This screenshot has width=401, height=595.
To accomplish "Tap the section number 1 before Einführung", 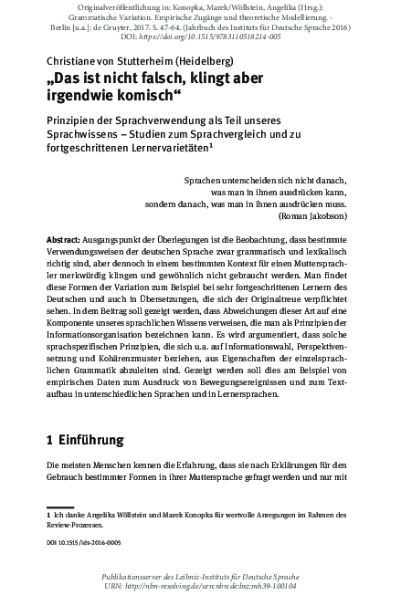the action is (49, 440).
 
